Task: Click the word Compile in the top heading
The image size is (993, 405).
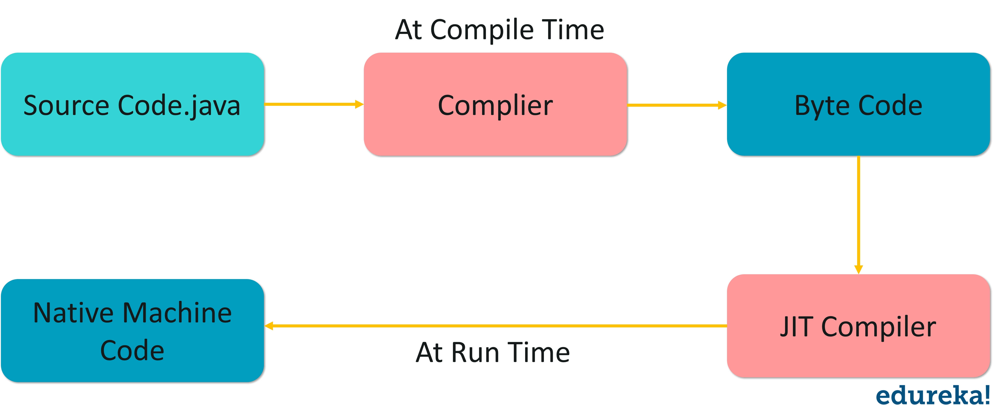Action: pyautogui.click(x=482, y=30)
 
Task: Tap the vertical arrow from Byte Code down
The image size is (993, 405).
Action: pyautogui.click(x=859, y=212)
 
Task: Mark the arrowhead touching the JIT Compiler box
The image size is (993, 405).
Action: pyautogui.click(x=859, y=269)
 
